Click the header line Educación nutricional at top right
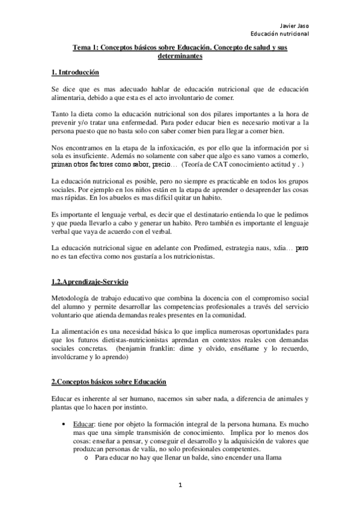[280, 34]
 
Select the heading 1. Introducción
[75, 72]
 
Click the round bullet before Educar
[64, 425]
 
